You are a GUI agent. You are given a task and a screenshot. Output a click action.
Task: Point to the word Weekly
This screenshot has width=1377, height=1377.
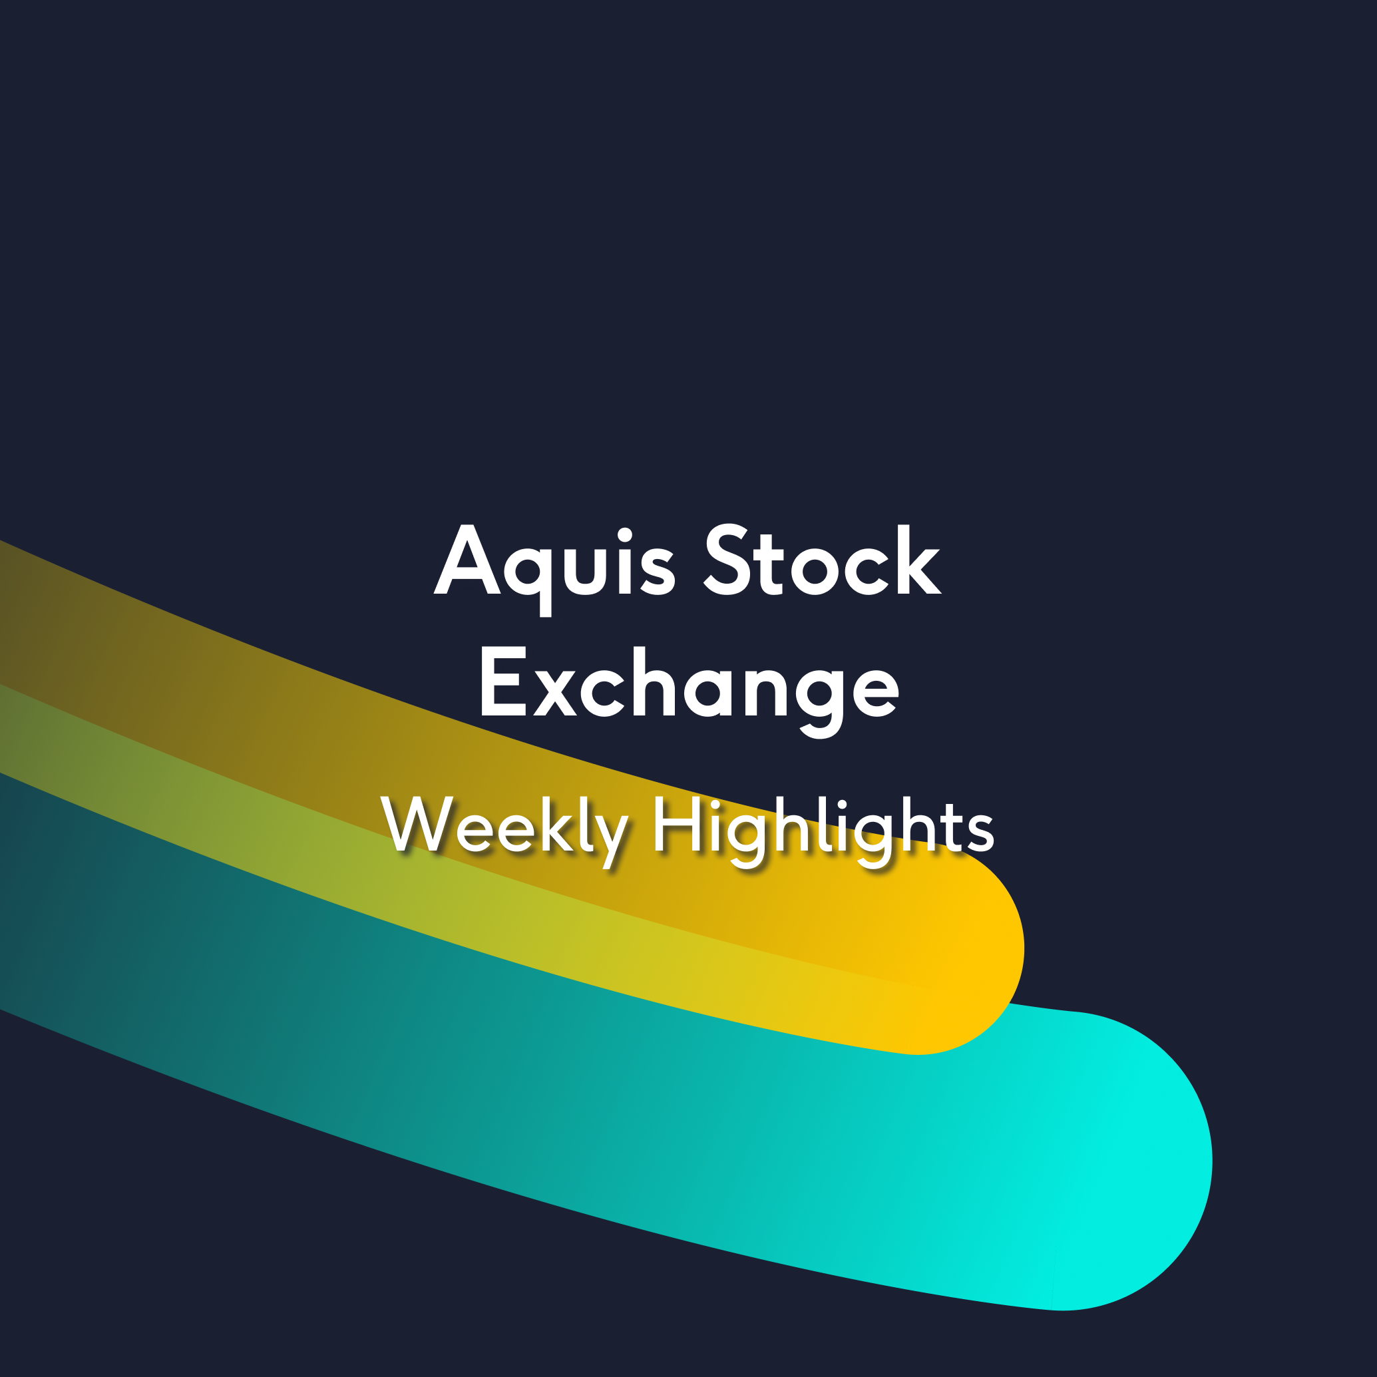click(x=504, y=831)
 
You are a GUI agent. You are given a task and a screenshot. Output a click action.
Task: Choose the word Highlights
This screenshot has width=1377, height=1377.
click(x=823, y=831)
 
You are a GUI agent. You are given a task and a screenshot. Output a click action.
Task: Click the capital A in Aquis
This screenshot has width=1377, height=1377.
click(x=467, y=560)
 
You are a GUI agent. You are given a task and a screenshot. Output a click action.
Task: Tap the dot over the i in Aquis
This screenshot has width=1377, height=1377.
click(x=625, y=534)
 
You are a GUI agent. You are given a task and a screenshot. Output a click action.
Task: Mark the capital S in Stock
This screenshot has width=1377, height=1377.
click(x=726, y=560)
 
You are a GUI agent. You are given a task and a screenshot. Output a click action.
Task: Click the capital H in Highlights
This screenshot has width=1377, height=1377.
click(x=676, y=824)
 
